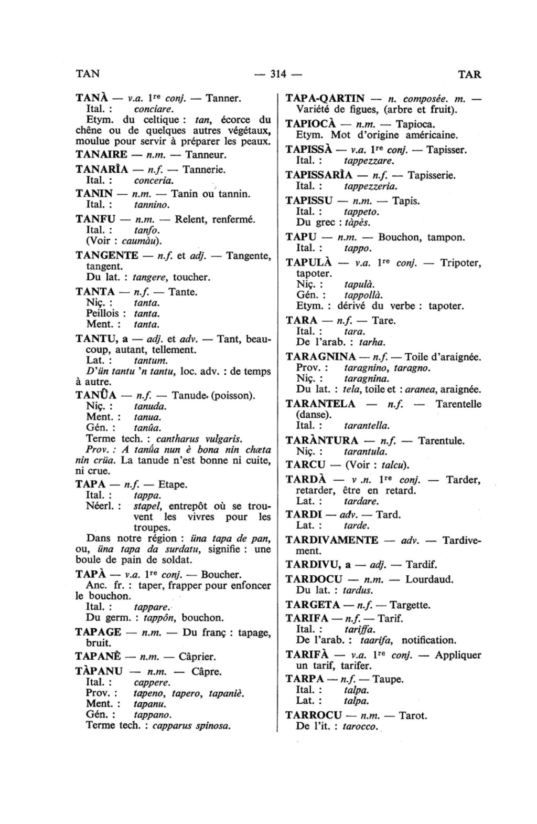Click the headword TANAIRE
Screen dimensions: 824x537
coord(101,155)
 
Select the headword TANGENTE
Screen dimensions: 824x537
coord(107,256)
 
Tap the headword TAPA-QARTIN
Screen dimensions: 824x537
coord(325,99)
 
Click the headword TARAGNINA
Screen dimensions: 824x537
coord(321,357)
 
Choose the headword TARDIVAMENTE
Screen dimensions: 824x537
coord(331,540)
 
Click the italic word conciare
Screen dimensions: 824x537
coord(153,110)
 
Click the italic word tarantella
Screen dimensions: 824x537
coord(367,426)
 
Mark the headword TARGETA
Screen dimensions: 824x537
coord(313,605)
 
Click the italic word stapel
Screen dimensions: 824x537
coord(146,506)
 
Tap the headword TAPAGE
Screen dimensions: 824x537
coord(98,632)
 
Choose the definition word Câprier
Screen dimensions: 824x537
coord(197,657)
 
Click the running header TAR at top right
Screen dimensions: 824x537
coord(469,74)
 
